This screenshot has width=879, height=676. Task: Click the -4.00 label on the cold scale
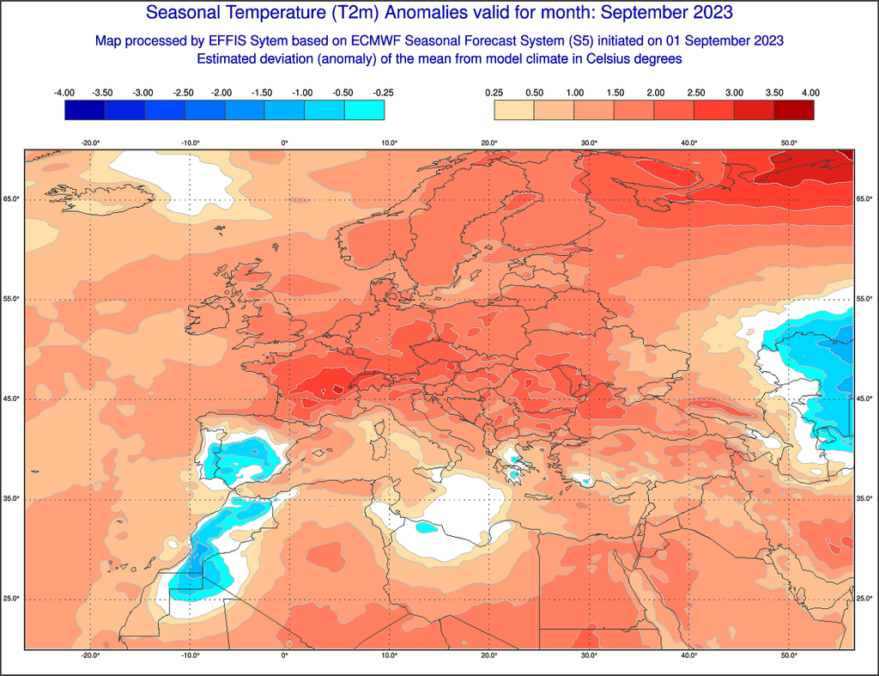click(x=64, y=92)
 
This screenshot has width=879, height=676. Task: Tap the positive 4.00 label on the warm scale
click(x=810, y=92)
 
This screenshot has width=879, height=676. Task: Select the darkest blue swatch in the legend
click(x=84, y=110)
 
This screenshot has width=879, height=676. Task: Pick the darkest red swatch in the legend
click(x=793, y=110)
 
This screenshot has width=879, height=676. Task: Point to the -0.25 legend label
click(x=384, y=92)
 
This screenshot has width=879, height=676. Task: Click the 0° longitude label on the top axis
click(x=285, y=143)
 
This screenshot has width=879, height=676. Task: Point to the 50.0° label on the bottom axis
click(x=789, y=655)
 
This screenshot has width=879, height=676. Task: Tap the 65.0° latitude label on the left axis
click(x=12, y=199)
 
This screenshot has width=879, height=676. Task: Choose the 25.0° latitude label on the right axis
click(x=865, y=599)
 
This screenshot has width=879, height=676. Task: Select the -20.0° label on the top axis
click(x=90, y=143)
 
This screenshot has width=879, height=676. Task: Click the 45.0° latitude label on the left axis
click(x=12, y=399)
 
